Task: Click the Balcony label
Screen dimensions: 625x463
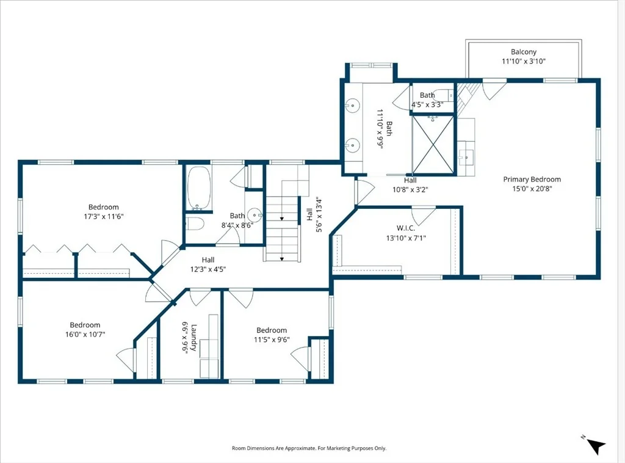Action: [x=523, y=52]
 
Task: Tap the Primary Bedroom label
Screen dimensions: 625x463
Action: [x=532, y=180]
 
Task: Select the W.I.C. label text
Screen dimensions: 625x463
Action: [x=405, y=228]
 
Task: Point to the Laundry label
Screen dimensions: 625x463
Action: [x=194, y=337]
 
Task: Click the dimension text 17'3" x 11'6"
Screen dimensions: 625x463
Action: [x=104, y=217]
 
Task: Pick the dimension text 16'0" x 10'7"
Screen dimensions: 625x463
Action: [x=85, y=335]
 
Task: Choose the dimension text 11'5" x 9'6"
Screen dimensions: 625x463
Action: [x=272, y=340]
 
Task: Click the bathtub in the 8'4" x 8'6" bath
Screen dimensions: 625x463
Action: [x=198, y=188]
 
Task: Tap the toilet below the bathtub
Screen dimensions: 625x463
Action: [x=195, y=224]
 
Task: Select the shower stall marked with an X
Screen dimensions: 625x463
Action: [x=433, y=145]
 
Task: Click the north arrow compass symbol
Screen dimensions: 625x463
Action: [x=594, y=445]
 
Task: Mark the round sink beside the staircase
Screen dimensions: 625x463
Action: [x=255, y=215]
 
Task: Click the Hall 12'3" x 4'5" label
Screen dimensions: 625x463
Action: [x=208, y=265]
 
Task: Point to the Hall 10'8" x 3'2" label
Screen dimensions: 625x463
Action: [x=410, y=185]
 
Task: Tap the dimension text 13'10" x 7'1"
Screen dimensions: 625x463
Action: [x=406, y=238]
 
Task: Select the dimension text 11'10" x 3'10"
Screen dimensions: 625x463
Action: [x=523, y=62]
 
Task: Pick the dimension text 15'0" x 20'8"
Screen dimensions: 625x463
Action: [x=532, y=189]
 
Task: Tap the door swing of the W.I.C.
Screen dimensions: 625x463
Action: [x=424, y=216]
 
